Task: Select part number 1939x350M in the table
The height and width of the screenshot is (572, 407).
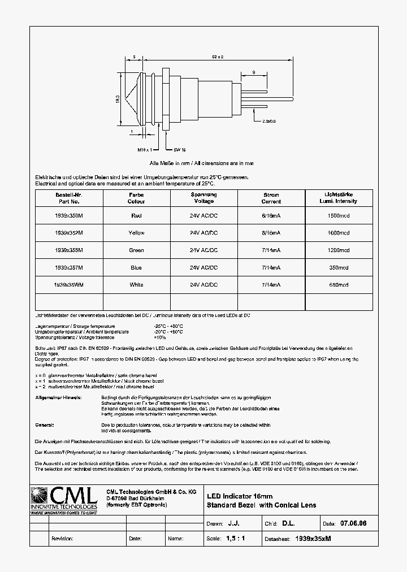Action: [68, 215]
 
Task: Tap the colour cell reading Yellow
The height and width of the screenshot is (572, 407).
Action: [136, 233]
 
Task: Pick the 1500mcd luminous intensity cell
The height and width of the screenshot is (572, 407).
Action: [339, 215]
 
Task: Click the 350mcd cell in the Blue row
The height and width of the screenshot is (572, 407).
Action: [339, 267]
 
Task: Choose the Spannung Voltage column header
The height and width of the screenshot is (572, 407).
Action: [203, 198]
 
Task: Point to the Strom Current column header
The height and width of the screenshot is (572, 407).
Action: [271, 198]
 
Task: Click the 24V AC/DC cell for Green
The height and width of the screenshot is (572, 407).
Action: [203, 250]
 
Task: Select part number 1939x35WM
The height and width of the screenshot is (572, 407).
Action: [68, 285]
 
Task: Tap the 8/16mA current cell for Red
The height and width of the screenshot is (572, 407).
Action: [271, 215]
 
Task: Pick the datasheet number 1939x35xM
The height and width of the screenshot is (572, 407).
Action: [313, 539]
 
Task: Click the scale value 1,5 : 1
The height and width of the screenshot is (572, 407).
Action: [235, 539]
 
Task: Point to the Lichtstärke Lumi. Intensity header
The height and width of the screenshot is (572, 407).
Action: [339, 198]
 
